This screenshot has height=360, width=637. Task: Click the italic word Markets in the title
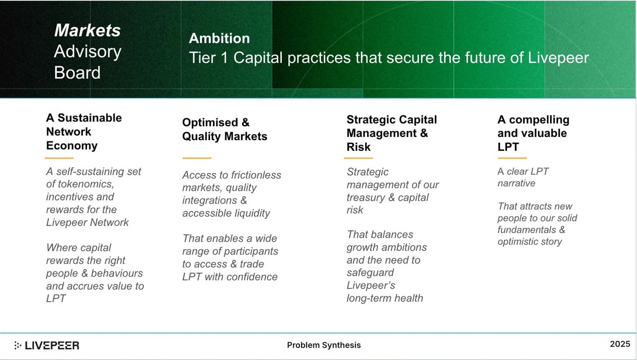pos(88,30)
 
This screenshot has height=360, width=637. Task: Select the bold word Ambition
pos(219,38)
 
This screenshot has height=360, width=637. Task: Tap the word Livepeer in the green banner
pos(558,58)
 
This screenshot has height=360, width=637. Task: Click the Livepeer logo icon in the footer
pos(18,345)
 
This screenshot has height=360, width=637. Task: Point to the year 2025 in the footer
pos(620,344)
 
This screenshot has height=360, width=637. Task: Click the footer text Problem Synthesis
pos(324,345)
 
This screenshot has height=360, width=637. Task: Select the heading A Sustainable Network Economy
pos(84,132)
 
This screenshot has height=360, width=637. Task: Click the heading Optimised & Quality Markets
pos(225,130)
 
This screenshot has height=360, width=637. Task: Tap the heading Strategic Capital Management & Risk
pos(392,133)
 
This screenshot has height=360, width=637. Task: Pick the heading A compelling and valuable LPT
pos(533,133)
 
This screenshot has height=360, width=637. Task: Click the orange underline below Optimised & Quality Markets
pos(197,158)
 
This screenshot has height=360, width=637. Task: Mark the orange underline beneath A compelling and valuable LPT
pos(512,158)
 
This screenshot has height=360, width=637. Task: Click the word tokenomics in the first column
pos(85,184)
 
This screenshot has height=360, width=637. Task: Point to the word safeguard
pos(370,273)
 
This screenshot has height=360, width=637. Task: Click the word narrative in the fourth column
pos(516,183)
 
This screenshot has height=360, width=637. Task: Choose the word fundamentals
pos(527,230)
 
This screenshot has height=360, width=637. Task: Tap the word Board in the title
pos(77,73)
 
